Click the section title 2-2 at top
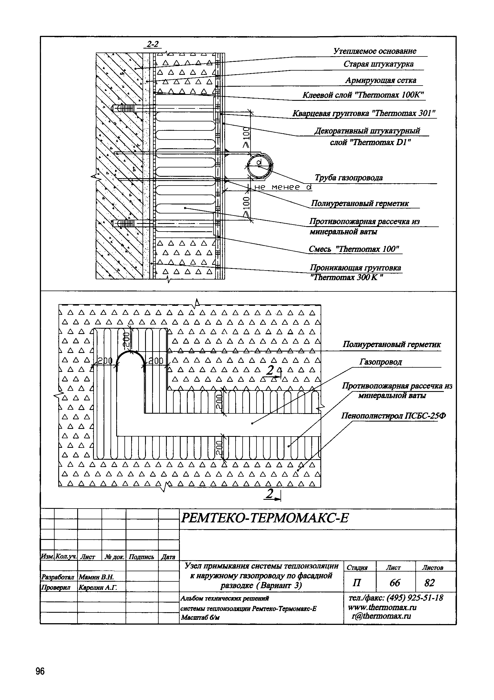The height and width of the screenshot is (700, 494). [153, 44]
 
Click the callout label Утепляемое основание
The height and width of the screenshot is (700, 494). [375, 51]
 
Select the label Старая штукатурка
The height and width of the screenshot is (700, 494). [378, 64]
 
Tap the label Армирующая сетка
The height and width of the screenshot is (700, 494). [381, 80]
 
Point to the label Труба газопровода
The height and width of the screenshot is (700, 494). [348, 177]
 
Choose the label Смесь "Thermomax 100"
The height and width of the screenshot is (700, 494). [354, 249]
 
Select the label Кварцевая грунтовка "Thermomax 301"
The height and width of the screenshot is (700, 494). [364, 114]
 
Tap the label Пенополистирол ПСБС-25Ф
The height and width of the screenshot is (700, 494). [393, 416]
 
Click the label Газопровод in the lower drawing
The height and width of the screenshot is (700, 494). [380, 362]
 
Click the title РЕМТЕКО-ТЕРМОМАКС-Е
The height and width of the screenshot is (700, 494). [264, 517]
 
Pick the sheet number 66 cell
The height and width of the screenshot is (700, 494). [395, 583]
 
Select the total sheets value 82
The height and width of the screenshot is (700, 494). [429, 583]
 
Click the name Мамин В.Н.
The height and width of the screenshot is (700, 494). [96, 577]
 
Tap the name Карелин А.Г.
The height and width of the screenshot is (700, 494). [98, 587]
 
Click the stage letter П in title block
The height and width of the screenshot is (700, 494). [356, 583]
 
